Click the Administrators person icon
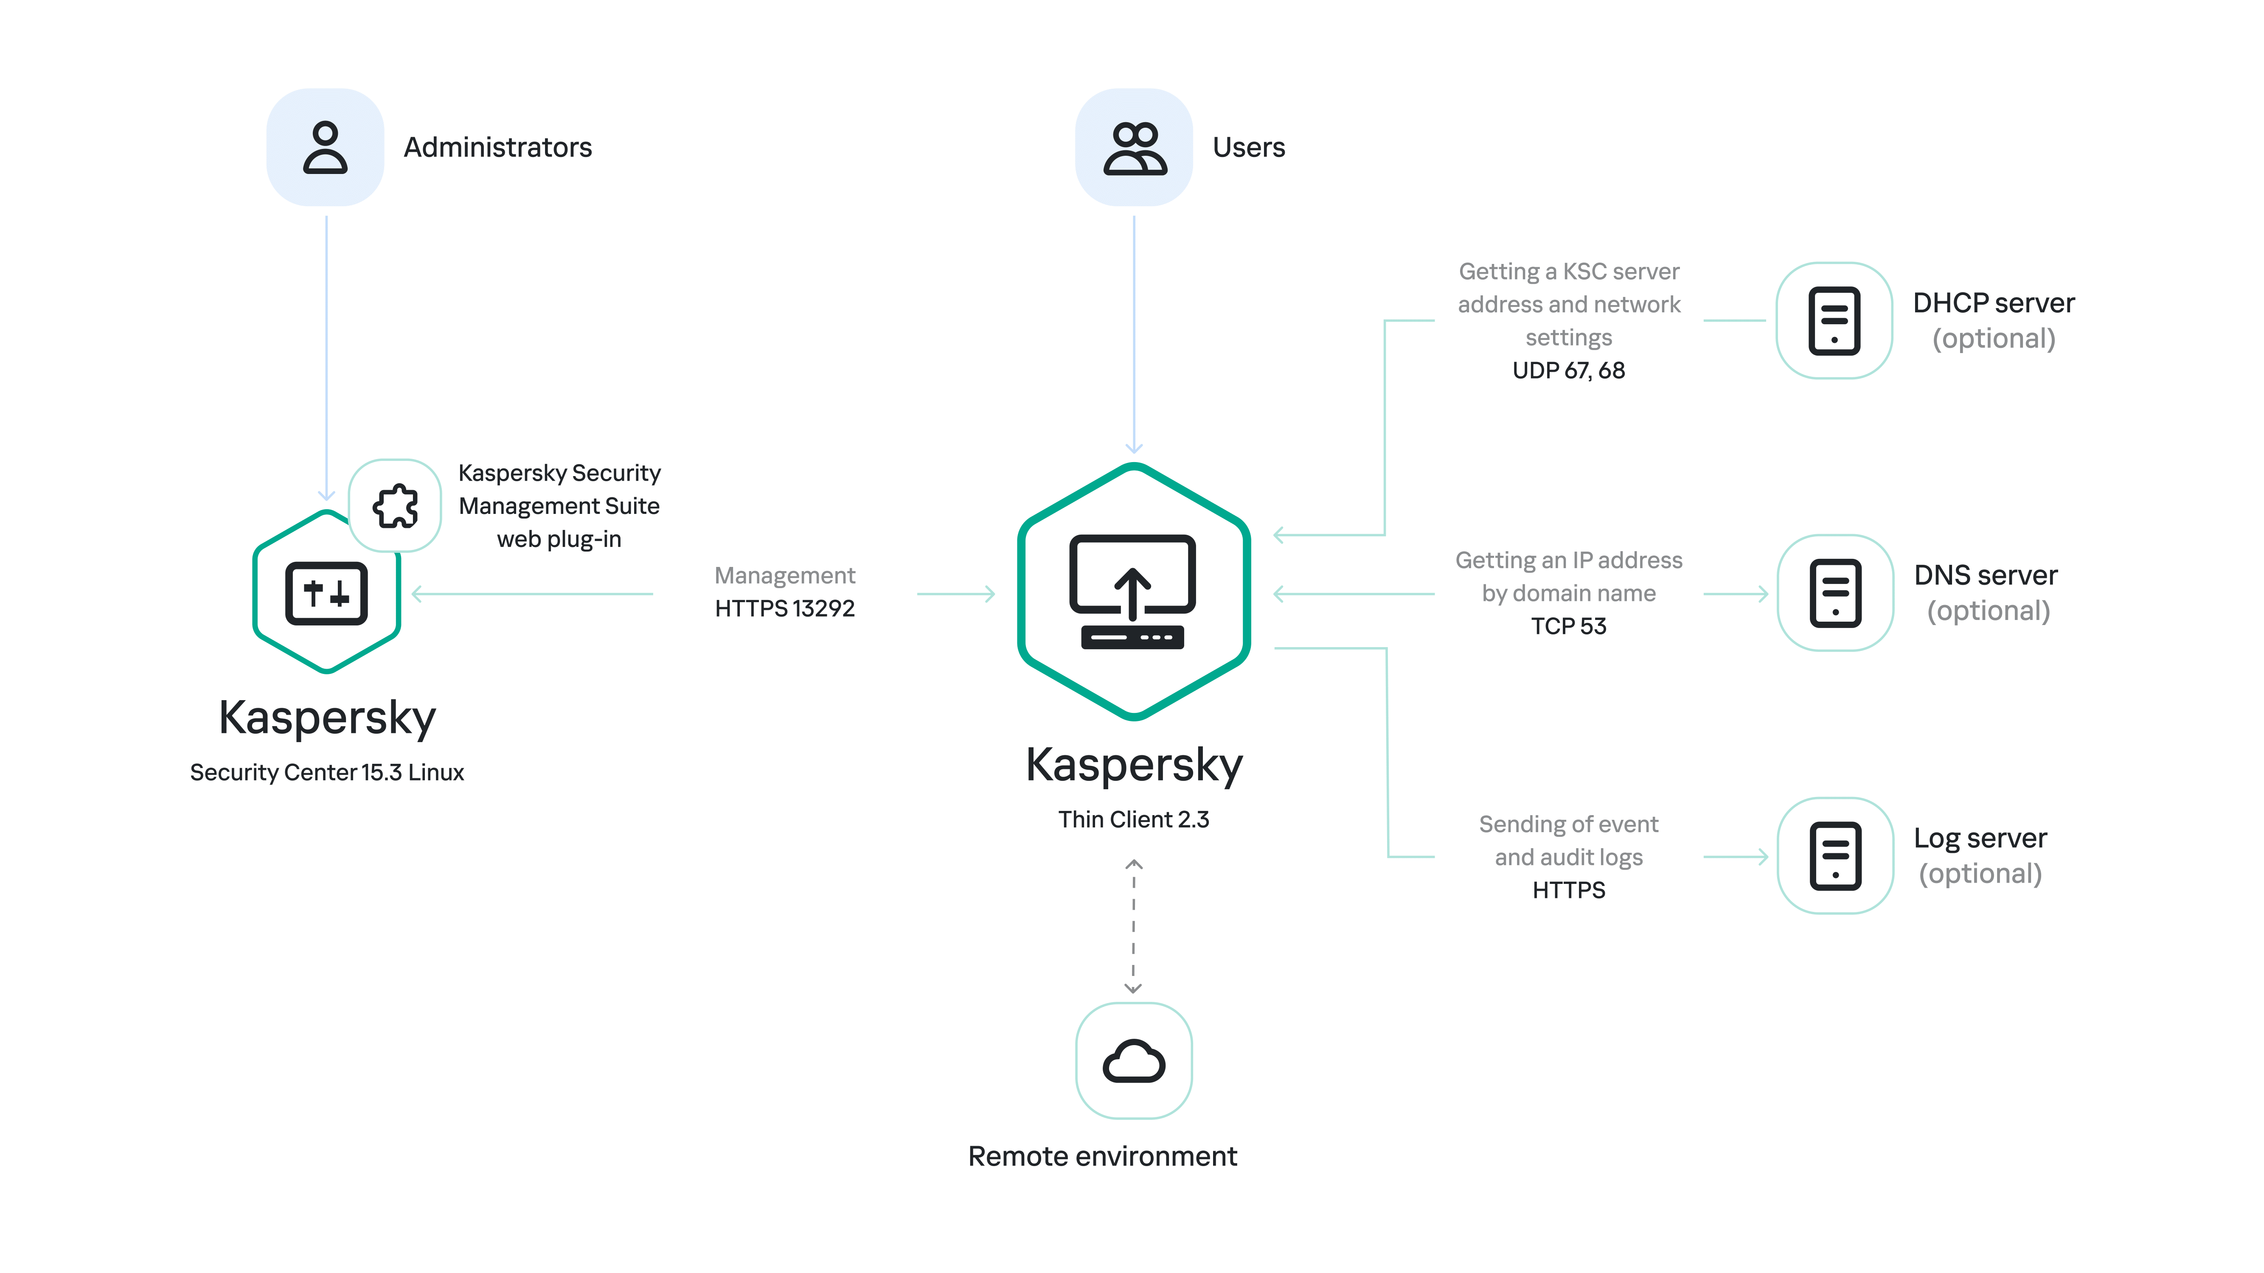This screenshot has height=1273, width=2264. click(x=325, y=148)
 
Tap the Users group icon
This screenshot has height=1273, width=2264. click(x=1134, y=148)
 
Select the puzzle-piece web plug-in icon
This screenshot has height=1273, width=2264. click(x=396, y=506)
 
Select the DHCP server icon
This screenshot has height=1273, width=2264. click(x=1834, y=321)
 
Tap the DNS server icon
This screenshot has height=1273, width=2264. click(x=1835, y=593)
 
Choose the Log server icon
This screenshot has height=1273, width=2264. click(x=1835, y=856)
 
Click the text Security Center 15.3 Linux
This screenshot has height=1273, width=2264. click(x=327, y=772)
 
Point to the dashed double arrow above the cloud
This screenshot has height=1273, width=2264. click(x=1134, y=927)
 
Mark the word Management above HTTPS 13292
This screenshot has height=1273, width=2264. click(x=784, y=575)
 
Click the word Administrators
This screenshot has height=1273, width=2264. click(x=497, y=148)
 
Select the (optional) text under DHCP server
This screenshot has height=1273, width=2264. click(x=1993, y=339)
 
